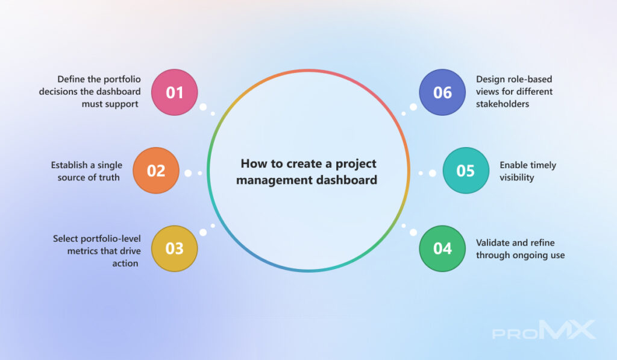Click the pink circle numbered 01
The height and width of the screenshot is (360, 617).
click(174, 92)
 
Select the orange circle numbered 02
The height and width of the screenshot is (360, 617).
click(156, 171)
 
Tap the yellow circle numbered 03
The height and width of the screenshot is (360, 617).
click(174, 248)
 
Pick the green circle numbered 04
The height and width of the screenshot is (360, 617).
click(442, 248)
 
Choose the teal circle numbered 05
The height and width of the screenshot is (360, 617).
click(466, 171)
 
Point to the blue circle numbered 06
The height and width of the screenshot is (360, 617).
click(442, 92)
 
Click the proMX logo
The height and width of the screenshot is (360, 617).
click(544, 330)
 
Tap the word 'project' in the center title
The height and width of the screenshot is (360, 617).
click(355, 164)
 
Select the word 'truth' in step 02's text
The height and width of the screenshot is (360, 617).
click(109, 178)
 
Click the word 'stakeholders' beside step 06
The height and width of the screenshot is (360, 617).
click(503, 104)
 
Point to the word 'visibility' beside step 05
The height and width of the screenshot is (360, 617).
click(516, 178)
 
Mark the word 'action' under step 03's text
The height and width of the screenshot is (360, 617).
click(125, 264)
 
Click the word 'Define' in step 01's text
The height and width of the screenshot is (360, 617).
click(71, 79)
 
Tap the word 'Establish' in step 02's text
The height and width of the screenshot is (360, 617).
click(69, 165)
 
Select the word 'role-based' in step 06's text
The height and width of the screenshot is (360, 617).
click(531, 79)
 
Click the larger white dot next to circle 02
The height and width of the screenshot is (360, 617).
click(188, 173)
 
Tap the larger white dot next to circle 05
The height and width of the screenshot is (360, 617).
click(433, 173)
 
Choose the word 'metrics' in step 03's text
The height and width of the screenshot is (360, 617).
click(81, 251)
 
